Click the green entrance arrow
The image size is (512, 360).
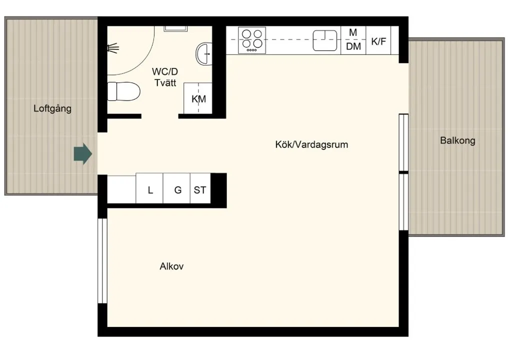[x=83, y=154]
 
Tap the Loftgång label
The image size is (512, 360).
[x=52, y=108]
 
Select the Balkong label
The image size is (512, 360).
[x=457, y=140]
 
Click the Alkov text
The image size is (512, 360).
[x=171, y=266]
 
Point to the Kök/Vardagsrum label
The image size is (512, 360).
[x=311, y=144]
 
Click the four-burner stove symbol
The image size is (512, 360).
[x=252, y=40]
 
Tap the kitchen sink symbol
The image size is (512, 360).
[x=325, y=40]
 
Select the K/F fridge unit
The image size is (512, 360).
[x=378, y=40]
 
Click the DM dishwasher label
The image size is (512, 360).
[x=353, y=46]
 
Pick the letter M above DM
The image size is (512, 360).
[x=353, y=32]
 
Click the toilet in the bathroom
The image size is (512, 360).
[x=124, y=91]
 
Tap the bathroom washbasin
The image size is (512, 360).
[x=204, y=53]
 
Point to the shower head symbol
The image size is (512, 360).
[x=113, y=48]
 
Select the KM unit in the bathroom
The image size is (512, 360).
[x=198, y=98]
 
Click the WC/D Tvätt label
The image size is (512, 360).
[x=165, y=77]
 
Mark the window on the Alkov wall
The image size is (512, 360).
[x=102, y=260]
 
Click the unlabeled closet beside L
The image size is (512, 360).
[x=121, y=189]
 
